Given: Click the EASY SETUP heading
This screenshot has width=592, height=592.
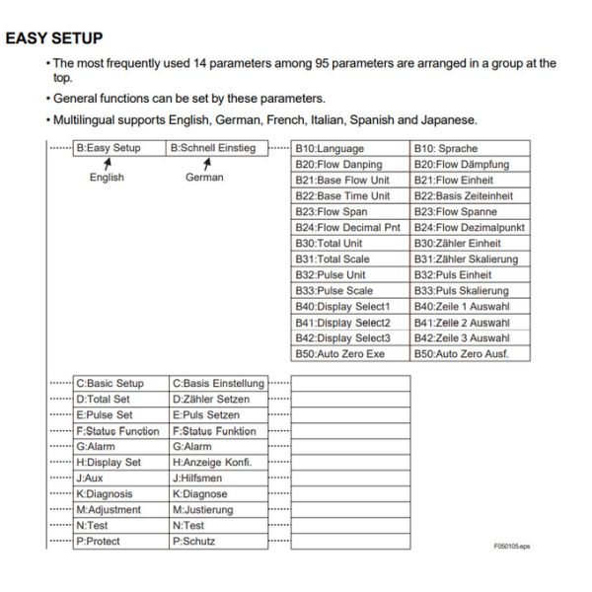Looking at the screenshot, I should tap(54, 38).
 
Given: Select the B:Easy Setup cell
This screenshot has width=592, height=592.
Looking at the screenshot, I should tap(109, 148).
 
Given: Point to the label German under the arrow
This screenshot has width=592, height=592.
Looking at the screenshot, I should tap(204, 178).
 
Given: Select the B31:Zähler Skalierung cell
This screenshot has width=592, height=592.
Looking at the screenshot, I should tap(469, 259).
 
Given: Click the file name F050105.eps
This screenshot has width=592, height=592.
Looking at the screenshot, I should tap(512, 546).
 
